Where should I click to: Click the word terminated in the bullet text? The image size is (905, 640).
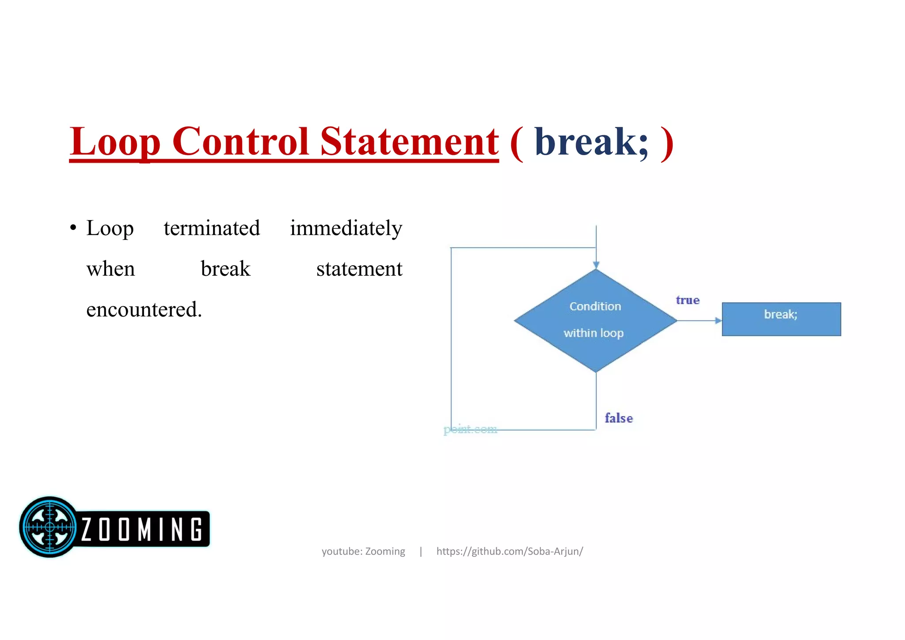point(212,229)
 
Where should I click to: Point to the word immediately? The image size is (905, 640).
point(346,229)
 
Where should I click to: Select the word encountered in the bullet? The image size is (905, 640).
point(143,309)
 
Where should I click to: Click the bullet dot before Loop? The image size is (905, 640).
point(73,229)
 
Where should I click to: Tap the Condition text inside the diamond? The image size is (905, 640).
point(595,306)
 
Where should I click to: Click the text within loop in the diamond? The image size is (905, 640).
point(593,333)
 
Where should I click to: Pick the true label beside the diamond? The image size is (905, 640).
point(688,300)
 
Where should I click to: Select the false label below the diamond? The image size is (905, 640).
point(619,418)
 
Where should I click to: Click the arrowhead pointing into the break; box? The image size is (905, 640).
point(718,320)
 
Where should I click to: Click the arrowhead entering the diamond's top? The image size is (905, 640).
point(596,265)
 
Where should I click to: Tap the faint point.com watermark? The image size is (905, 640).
point(470,429)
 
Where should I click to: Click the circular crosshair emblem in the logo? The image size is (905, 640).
point(49,527)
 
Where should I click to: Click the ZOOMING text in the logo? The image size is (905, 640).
point(141,529)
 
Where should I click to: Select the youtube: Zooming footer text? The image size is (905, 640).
point(363,551)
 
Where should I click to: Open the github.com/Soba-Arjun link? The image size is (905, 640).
point(510,551)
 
